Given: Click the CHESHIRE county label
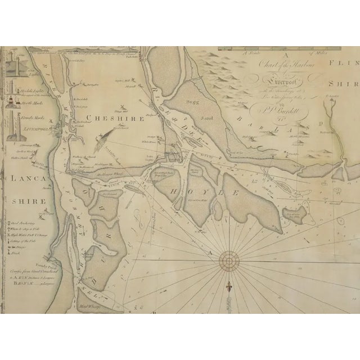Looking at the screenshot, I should (116, 119).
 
